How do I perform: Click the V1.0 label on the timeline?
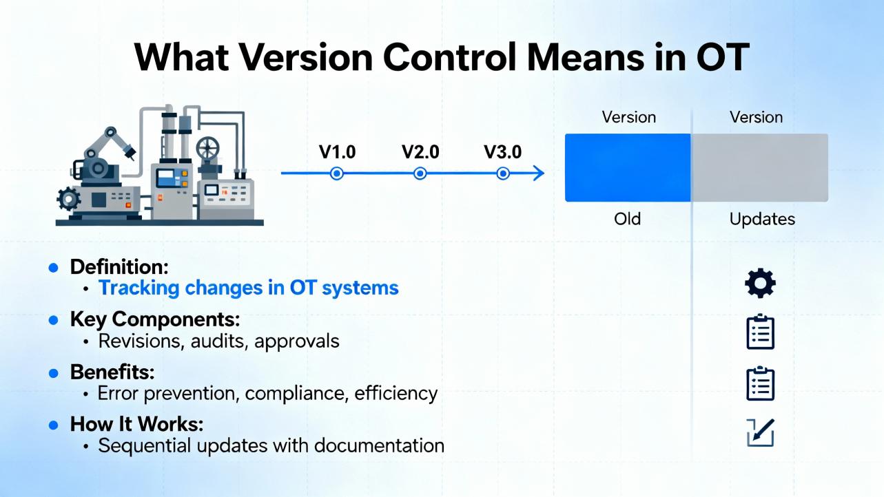[337, 152]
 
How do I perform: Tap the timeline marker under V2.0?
[420, 173]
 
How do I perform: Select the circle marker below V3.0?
[503, 173]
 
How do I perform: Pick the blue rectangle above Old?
[628, 168]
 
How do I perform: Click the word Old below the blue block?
[628, 219]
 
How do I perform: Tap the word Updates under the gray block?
[762, 220]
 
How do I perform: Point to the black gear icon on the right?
[760, 284]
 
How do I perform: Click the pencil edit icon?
[761, 433]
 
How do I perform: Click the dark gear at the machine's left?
[69, 200]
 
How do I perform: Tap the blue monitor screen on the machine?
[167, 178]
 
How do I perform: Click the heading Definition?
[119, 267]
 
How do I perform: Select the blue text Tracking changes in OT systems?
[249, 288]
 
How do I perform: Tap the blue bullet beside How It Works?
[53, 425]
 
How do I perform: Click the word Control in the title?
[449, 58]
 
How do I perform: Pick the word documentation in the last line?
[379, 446]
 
